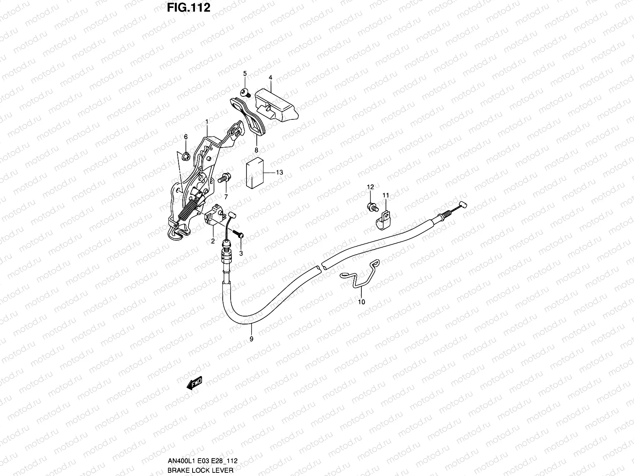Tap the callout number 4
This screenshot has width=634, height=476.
pyautogui.click(x=270, y=77)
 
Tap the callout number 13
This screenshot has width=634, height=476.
pyautogui.click(x=279, y=173)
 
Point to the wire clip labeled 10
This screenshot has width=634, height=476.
pyautogui.click(x=361, y=274)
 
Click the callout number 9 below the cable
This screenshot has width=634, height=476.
pyautogui.click(x=251, y=338)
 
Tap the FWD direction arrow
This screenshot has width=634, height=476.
pyautogui.click(x=195, y=384)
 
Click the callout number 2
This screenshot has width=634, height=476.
pyautogui.click(x=213, y=241)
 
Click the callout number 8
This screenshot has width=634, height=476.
pyautogui.click(x=256, y=150)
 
